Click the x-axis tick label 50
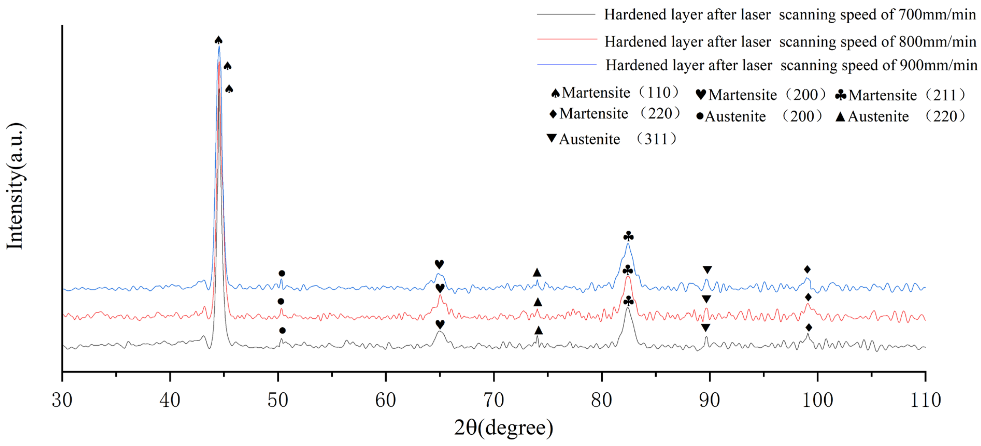click(x=278, y=400)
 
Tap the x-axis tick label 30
click(x=62, y=400)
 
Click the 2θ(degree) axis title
click(x=503, y=428)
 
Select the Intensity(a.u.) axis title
click(x=15, y=186)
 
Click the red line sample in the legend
click(x=567, y=39)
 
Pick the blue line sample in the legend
click(x=567, y=65)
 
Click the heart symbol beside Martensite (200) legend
click(x=701, y=94)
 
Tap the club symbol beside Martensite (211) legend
click(x=841, y=95)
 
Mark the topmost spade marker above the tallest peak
click(x=218, y=40)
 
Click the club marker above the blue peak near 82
click(x=628, y=237)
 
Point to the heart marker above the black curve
click(x=440, y=324)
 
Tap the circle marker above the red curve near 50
click(x=281, y=301)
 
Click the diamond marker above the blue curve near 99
click(x=807, y=269)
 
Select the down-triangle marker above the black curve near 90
click(x=705, y=327)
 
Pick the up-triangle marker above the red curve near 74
click(x=537, y=302)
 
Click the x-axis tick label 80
click(x=601, y=400)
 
